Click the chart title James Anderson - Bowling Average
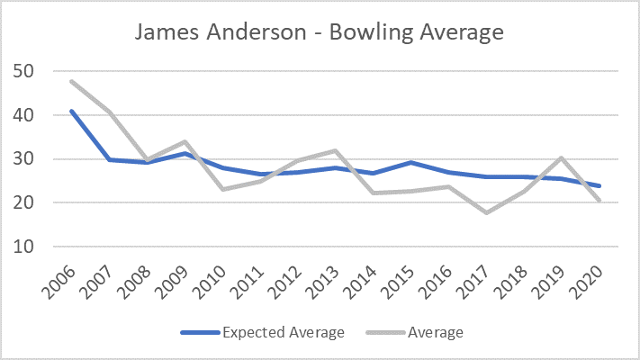[320, 32]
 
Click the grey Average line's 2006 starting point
[71, 82]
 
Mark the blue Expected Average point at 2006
[71, 111]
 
